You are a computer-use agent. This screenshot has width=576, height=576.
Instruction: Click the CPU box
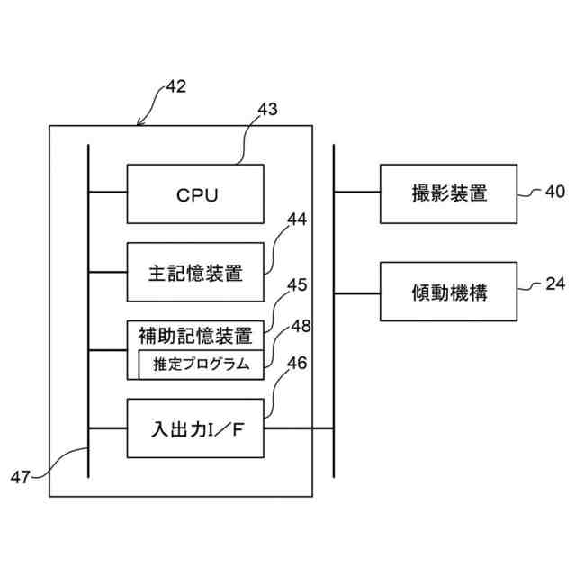click(x=195, y=194)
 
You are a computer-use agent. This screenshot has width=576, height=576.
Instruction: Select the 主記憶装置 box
click(x=195, y=272)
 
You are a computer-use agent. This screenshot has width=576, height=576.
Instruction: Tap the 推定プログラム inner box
click(x=202, y=364)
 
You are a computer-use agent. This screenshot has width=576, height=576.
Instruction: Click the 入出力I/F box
click(x=195, y=428)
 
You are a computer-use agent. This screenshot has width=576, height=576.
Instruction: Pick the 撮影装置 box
click(x=448, y=194)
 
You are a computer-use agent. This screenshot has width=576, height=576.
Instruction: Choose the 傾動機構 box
click(x=448, y=292)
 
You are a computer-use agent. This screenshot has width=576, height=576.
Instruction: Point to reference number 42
click(x=176, y=86)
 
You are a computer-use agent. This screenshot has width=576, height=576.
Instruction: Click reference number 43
click(x=268, y=109)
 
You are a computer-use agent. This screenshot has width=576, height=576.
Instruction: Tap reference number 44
click(x=297, y=220)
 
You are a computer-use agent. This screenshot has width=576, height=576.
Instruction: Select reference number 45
click(x=297, y=285)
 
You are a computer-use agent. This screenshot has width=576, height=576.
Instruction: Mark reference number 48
click(x=301, y=326)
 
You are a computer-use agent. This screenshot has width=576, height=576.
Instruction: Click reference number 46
click(x=297, y=363)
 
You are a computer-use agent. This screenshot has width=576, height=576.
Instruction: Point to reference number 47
click(x=20, y=478)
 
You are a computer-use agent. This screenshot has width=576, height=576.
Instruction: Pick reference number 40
click(x=555, y=192)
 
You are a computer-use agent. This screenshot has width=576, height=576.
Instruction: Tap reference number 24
click(x=555, y=284)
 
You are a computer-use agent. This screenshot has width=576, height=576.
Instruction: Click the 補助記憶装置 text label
click(x=195, y=336)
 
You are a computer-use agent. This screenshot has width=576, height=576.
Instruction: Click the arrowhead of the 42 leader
click(x=139, y=124)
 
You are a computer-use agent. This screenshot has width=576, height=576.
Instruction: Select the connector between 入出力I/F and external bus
click(x=299, y=428)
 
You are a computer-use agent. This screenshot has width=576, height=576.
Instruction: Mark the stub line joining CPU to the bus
click(x=108, y=192)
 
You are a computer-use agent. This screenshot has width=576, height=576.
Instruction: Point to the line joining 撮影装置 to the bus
click(x=357, y=192)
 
